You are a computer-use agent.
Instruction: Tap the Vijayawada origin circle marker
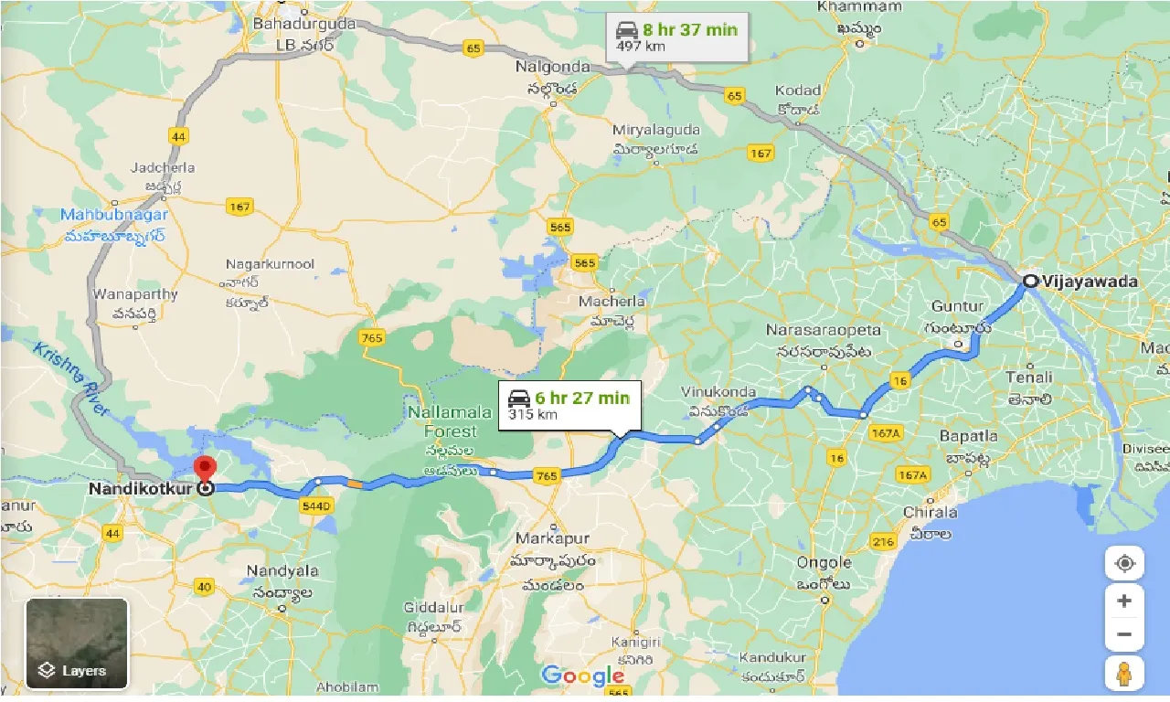click(1030, 282)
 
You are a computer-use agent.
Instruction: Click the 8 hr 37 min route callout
click(677, 37)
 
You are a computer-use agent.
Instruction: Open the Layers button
click(77, 643)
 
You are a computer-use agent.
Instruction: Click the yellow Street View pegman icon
click(1124, 674)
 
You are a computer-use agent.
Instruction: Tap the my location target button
click(1124, 563)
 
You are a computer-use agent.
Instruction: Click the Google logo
click(582, 676)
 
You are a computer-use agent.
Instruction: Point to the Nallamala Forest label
click(442, 422)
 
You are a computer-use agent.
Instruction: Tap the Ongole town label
click(824, 563)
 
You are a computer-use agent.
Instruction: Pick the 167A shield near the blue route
click(886, 431)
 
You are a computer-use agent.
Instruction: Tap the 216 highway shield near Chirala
click(883, 542)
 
